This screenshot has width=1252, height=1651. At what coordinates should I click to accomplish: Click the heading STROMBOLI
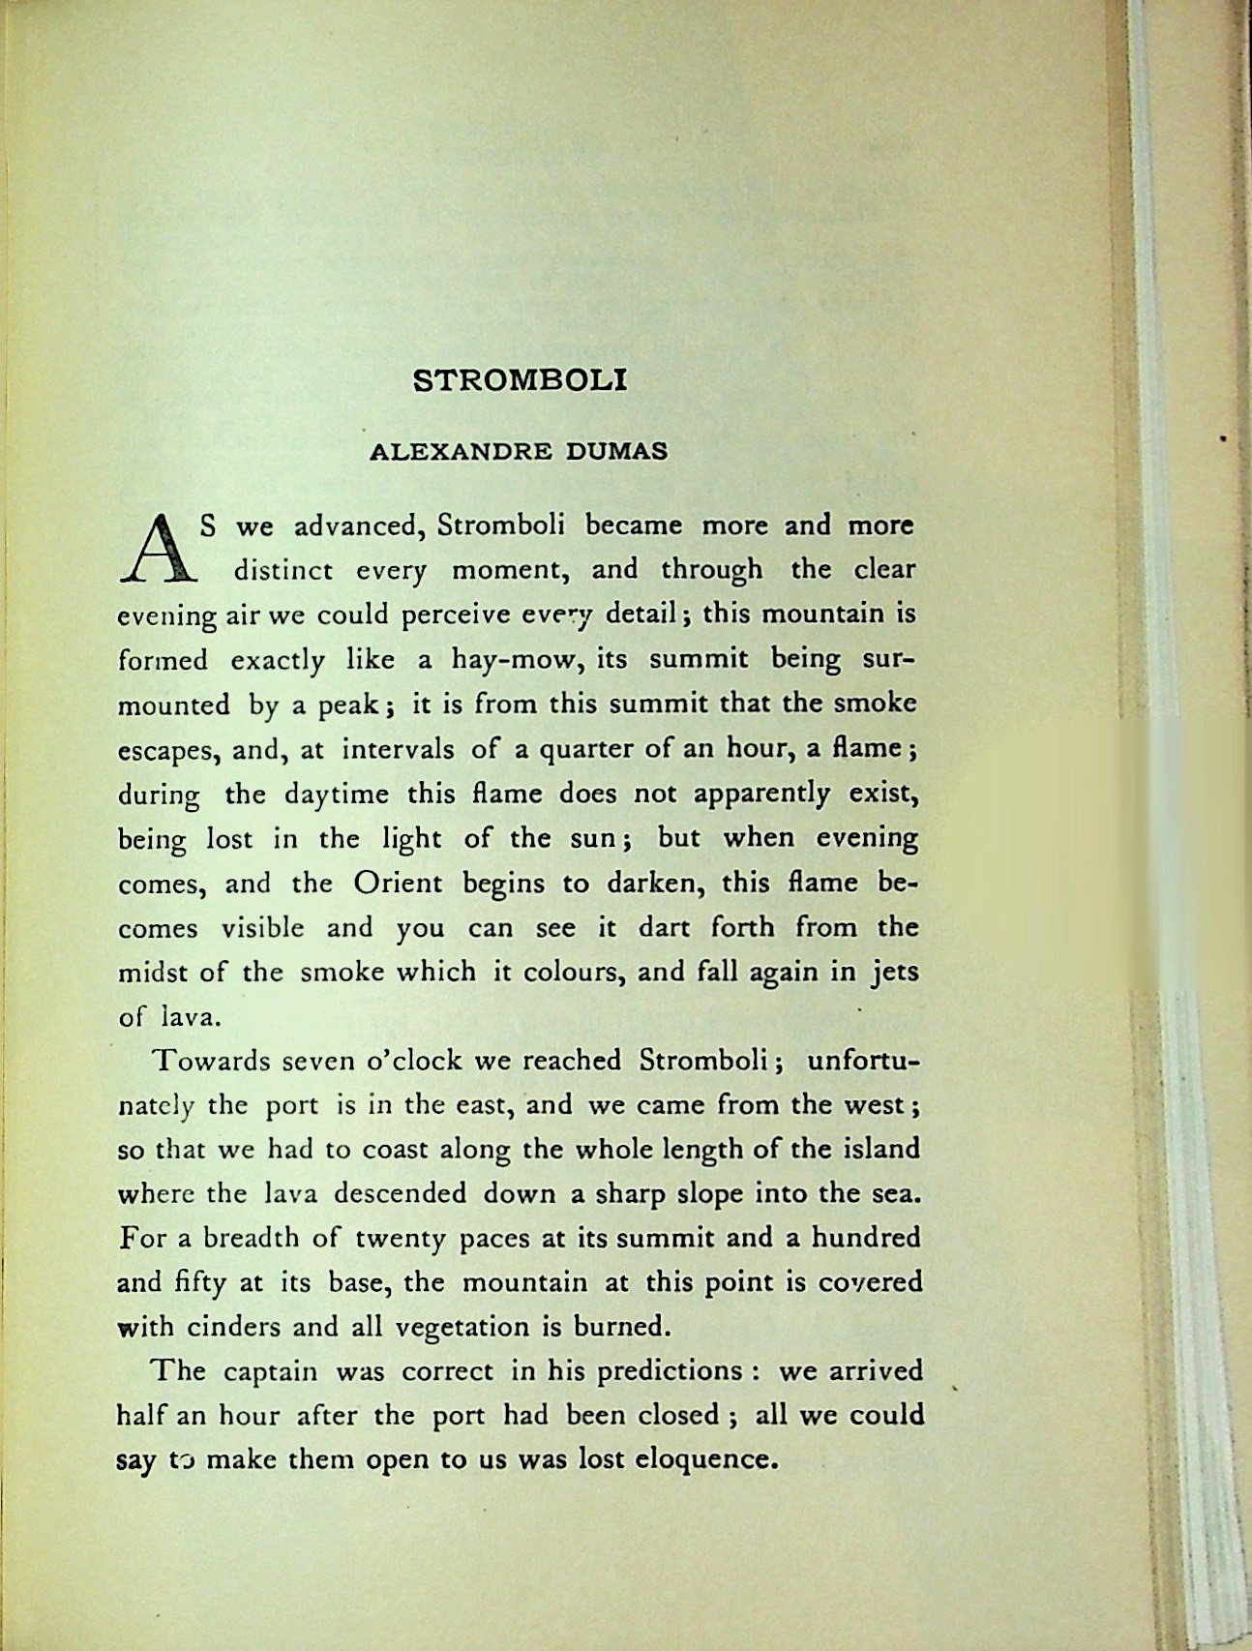tap(520, 379)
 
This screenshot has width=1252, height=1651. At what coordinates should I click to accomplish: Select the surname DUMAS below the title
tap(617, 452)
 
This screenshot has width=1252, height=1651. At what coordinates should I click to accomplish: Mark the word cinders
tap(226, 1327)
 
